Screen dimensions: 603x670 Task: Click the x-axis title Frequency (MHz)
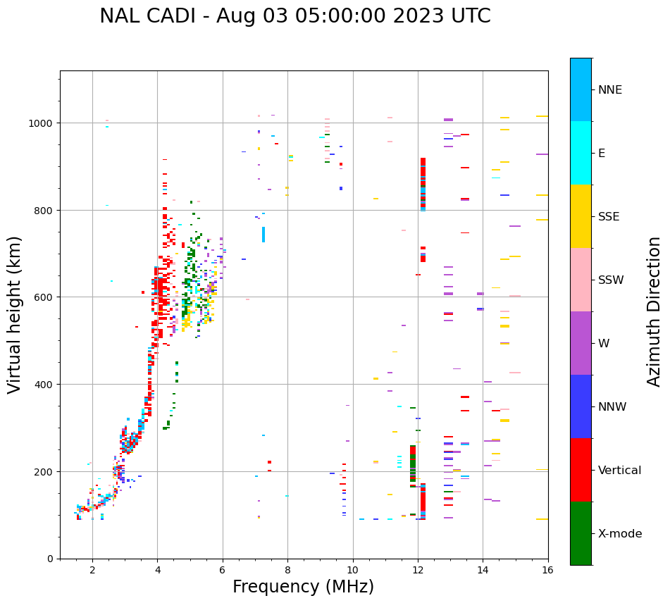coord(303,587)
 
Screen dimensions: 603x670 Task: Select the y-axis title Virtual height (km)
coord(15,314)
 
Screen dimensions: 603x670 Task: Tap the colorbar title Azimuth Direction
coord(655,311)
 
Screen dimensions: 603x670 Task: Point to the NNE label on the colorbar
coord(619,89)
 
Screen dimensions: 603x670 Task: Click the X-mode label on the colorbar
coord(619,534)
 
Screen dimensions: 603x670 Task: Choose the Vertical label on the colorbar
coord(619,471)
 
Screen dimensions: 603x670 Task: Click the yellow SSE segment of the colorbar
coord(581,216)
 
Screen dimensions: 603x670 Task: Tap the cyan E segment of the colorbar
coord(581,153)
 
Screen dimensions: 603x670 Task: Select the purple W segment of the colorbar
coord(581,343)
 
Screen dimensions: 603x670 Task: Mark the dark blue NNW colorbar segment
coord(581,406)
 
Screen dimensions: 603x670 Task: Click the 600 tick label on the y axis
coord(44,297)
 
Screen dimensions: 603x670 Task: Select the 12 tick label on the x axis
coord(418,571)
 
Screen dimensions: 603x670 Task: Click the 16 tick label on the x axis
coord(548,571)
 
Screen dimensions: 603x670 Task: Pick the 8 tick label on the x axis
coord(287,571)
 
